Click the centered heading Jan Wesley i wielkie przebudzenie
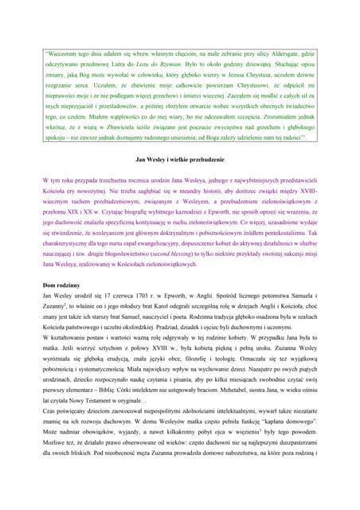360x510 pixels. [180, 161]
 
